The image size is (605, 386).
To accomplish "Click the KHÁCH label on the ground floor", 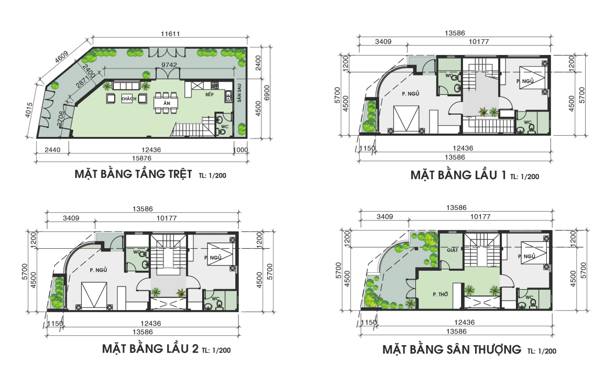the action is (129, 98).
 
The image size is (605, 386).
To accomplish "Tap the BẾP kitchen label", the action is (210, 94).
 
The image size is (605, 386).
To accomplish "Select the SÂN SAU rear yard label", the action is (239, 93).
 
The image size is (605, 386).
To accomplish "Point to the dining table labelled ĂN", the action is (166, 103).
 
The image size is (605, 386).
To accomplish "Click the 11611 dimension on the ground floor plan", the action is (170, 34).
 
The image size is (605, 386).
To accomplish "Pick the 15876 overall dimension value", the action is (141, 158).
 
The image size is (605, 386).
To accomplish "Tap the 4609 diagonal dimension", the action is (62, 57).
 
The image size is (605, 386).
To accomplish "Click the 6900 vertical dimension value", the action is (267, 93).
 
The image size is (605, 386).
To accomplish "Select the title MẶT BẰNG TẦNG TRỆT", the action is (133, 174).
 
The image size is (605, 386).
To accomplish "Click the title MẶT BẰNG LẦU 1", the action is (458, 175).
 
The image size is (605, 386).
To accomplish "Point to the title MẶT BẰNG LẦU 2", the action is (150, 349).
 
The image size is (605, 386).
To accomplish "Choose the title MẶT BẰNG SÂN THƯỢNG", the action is (452, 349).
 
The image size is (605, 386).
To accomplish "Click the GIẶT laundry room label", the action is (452, 250).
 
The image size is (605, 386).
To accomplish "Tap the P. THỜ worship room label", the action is (440, 294).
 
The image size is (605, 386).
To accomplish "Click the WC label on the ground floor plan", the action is (225, 126).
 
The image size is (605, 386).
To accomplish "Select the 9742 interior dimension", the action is (169, 65).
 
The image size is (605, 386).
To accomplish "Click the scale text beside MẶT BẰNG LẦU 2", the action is (216, 350).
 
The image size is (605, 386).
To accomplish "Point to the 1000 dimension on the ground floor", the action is (240, 150).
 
